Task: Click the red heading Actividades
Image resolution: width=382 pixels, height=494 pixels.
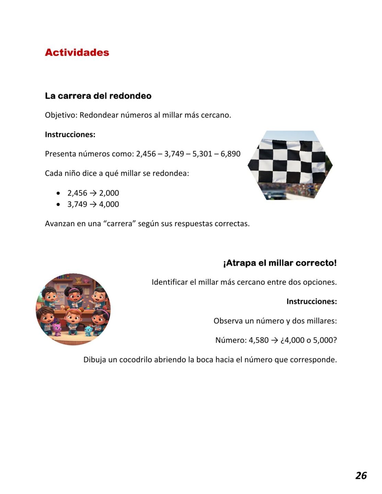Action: [x=77, y=52]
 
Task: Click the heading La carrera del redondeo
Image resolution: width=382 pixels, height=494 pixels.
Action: [x=98, y=96]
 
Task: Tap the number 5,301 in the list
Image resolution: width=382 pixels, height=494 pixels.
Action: [x=202, y=154]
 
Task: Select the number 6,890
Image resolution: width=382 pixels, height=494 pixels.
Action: [x=230, y=154]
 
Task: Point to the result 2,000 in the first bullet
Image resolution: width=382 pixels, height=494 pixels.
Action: [x=109, y=193]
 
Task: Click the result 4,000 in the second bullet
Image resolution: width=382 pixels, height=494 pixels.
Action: [x=109, y=204]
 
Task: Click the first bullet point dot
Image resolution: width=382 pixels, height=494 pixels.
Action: [x=58, y=193]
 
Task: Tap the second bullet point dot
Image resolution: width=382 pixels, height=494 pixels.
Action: [x=58, y=204]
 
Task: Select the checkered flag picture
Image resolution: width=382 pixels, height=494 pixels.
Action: [x=290, y=165]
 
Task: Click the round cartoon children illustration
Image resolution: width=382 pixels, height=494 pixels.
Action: [x=73, y=309]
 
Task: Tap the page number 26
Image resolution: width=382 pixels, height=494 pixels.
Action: [x=361, y=475]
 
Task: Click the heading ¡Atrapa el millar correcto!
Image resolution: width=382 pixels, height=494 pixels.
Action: [x=280, y=263]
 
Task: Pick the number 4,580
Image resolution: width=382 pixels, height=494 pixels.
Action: [x=259, y=340]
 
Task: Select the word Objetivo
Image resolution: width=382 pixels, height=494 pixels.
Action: [x=61, y=115]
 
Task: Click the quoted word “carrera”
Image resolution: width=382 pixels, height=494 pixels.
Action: [x=119, y=224]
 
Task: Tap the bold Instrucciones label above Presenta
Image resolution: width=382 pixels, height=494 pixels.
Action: [x=70, y=134]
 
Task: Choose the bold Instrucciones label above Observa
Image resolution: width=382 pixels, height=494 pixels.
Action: [x=312, y=302]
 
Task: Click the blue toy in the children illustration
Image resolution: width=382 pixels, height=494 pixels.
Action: [x=89, y=331]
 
